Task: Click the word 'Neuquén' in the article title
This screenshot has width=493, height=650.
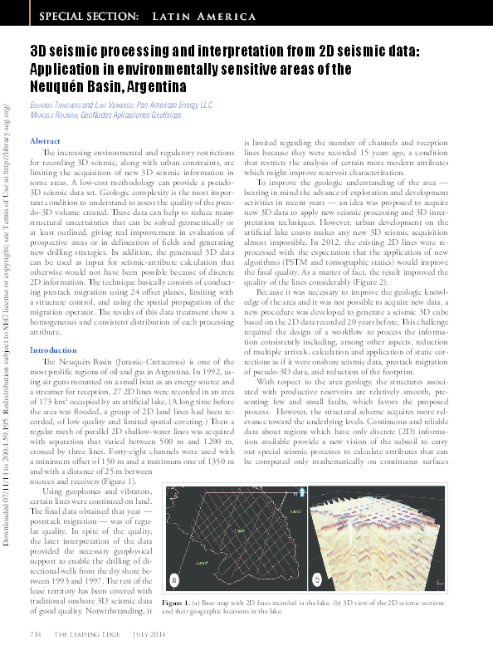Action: point(58,86)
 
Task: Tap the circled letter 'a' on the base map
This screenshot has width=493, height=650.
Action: point(174,579)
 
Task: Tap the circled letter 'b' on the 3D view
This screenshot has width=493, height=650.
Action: point(319,579)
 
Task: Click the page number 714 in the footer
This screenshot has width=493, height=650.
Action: point(36,635)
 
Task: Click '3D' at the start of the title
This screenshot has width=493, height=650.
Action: point(38,51)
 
